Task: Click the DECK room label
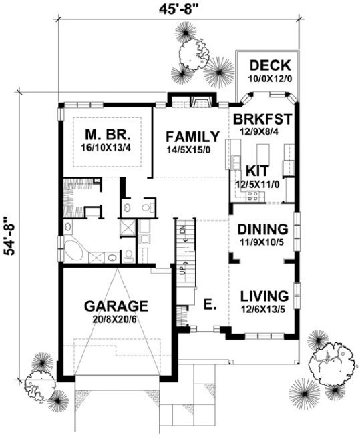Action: [271, 65]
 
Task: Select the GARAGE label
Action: [116, 306]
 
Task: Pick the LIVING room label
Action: [264, 295]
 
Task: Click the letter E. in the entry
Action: [210, 305]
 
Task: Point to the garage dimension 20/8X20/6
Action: [116, 320]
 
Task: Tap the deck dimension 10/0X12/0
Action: [271, 79]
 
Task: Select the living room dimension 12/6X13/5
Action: [264, 309]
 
